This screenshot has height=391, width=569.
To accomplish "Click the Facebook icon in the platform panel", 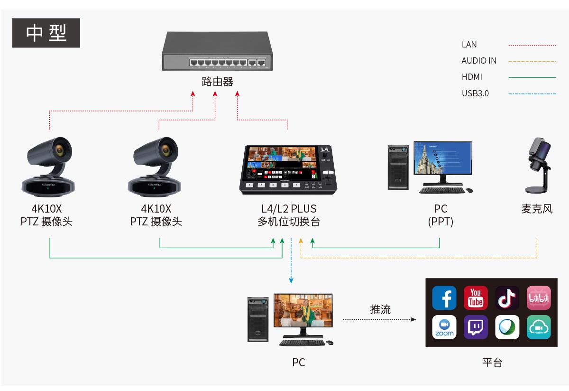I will pyautogui.click(x=444, y=298).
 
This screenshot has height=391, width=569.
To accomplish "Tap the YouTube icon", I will pyautogui.click(x=476, y=298).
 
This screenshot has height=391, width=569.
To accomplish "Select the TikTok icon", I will pyautogui.click(x=507, y=298).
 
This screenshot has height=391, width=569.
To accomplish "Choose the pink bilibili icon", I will pyautogui.click(x=539, y=298).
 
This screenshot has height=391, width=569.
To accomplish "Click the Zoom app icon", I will pyautogui.click(x=444, y=327).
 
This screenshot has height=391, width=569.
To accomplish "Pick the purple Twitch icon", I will pyautogui.click(x=476, y=327).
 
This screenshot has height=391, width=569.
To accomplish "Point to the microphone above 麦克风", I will pyautogui.click(x=539, y=166).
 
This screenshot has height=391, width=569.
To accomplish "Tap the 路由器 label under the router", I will pyautogui.click(x=217, y=82).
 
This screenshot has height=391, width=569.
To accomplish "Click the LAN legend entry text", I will pyautogui.click(x=469, y=45).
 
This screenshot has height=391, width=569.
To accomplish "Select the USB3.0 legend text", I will pyautogui.click(x=475, y=93).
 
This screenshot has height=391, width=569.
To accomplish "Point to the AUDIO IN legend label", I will pyautogui.click(x=479, y=61).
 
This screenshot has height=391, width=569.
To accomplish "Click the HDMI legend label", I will pyautogui.click(x=472, y=77).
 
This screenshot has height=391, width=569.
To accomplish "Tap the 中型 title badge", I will pyautogui.click(x=46, y=33).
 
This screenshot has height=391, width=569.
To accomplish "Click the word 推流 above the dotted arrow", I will pyautogui.click(x=380, y=309).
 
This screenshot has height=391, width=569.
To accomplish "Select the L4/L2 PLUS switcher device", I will pyautogui.click(x=289, y=169).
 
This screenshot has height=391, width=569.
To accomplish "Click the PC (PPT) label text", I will pyautogui.click(x=441, y=215).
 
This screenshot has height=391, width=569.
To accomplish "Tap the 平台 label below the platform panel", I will pyautogui.click(x=492, y=363).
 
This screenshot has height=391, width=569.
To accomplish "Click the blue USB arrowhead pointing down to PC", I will pyautogui.click(x=291, y=280).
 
